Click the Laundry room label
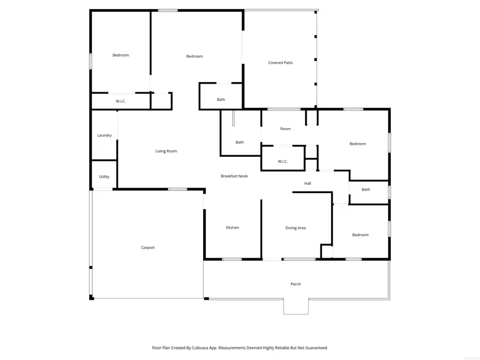point(105,135)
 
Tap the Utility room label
point(104,177)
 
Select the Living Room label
point(166,151)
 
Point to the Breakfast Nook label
point(234,176)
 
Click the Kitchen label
point(233,228)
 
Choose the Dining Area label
point(295,228)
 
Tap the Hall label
point(308,183)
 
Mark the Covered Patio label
point(280,63)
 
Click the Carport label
point(148,247)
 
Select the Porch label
point(295,284)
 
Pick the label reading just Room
point(285,129)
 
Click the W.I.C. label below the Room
point(283,162)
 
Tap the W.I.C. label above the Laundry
point(121,101)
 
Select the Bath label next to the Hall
point(366,189)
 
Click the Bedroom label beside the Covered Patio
point(194,57)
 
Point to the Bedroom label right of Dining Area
point(360,235)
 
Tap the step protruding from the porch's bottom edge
point(295,306)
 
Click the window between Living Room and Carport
point(178,189)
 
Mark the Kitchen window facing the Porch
point(231,259)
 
